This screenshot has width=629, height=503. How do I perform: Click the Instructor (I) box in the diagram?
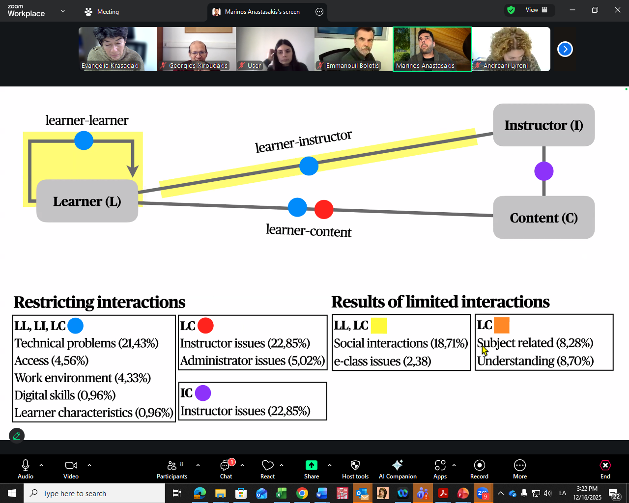[x=543, y=125]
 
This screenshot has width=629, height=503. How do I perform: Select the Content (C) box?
[x=543, y=218]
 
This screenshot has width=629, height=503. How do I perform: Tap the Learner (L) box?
[x=87, y=201]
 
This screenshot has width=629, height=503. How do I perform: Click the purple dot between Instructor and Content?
[x=543, y=171]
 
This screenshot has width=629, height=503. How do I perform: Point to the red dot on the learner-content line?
[x=324, y=209]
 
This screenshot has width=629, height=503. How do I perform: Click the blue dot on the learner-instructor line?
[x=309, y=166]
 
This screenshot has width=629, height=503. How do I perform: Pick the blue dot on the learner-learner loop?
[x=84, y=140]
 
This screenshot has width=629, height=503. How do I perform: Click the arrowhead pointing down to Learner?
[x=133, y=170]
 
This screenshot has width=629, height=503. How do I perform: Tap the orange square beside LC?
[x=502, y=325]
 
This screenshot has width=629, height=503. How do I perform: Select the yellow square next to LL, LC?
[x=379, y=326]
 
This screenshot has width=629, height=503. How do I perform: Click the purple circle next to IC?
[x=203, y=393]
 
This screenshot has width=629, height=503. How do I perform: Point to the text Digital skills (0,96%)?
[x=65, y=395]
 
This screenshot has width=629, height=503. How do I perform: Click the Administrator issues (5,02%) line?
[x=253, y=361]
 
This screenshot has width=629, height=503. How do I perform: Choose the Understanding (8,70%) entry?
[x=535, y=361]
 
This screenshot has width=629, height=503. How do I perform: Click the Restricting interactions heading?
[x=99, y=302]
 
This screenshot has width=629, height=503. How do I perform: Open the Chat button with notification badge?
[x=226, y=469]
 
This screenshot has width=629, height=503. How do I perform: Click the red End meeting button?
[x=605, y=469]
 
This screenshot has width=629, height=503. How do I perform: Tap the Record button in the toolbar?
[x=479, y=469]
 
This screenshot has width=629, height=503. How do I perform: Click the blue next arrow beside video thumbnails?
[x=565, y=49]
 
